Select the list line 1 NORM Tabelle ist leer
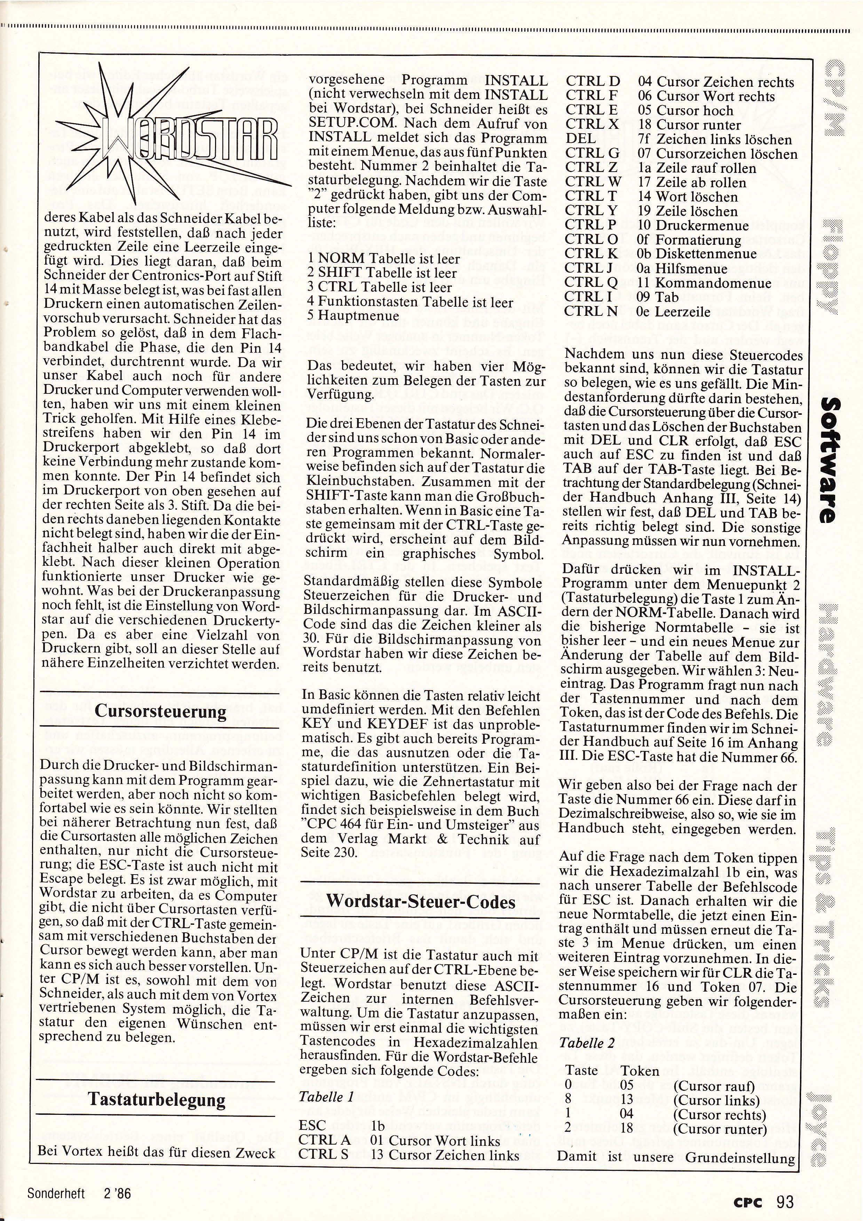click(384, 259)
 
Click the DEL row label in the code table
click(581, 139)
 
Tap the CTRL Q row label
click(592, 283)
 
